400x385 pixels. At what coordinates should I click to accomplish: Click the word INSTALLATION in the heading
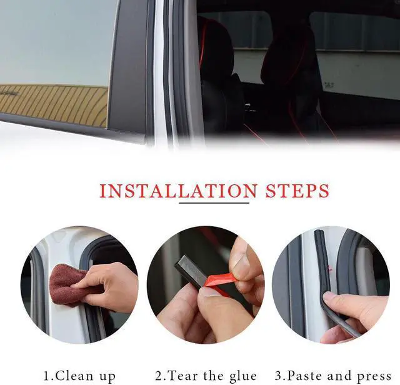pos(177,191)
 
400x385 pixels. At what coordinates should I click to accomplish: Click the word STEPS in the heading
pos(298,191)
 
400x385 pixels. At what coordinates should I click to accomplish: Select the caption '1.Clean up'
pos(79,376)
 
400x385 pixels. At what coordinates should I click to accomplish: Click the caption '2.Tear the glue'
pos(206,376)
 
